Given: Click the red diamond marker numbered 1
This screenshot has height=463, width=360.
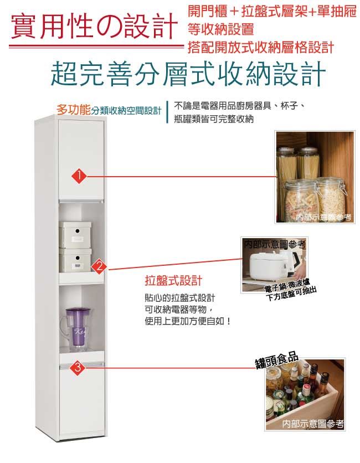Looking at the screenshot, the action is (x=79, y=176).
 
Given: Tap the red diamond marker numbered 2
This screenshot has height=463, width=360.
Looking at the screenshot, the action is (x=100, y=267).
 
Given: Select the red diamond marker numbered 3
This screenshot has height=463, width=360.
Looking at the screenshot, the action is (x=77, y=368).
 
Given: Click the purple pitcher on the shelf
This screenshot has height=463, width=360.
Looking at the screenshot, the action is (x=76, y=329).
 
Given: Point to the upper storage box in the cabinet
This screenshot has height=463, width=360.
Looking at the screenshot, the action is (x=75, y=234).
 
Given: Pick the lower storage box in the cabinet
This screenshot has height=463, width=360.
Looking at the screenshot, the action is (x=76, y=261).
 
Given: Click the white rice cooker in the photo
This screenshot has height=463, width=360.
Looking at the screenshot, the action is (x=267, y=264).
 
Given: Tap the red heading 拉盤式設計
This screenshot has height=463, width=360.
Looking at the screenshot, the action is (x=173, y=280).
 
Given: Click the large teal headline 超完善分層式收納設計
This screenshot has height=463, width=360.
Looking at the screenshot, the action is (x=188, y=74).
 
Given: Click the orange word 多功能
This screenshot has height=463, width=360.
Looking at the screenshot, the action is (x=73, y=110).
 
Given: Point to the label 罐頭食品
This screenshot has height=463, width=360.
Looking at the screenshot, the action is (x=276, y=360).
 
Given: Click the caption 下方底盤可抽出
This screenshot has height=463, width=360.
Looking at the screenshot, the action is (x=291, y=294).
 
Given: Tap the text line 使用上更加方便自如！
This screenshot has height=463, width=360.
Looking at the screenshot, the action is (x=187, y=321).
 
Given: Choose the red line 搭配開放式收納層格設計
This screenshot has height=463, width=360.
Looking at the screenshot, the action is (x=261, y=47).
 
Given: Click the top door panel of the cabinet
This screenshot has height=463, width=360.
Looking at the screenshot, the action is (x=81, y=160).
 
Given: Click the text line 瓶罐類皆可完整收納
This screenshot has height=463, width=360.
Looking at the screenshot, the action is (x=214, y=119).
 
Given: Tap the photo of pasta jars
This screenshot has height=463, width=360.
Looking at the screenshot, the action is (x=315, y=177).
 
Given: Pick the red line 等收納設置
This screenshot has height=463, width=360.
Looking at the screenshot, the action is (x=221, y=29).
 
